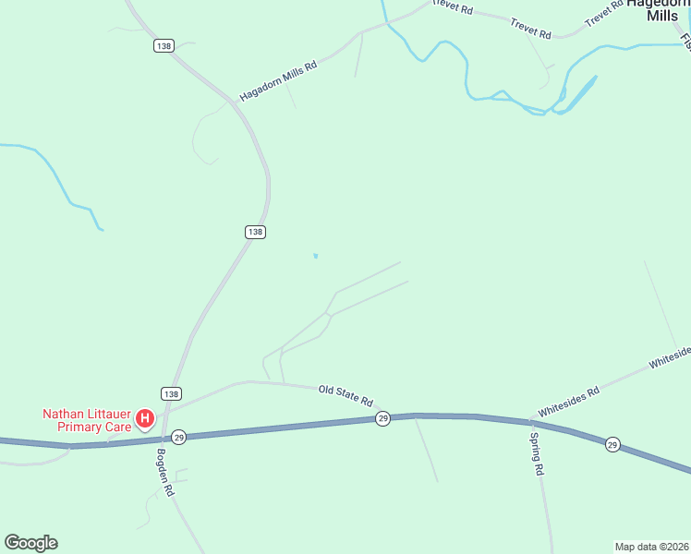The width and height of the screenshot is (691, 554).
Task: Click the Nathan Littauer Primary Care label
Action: [x=87, y=420]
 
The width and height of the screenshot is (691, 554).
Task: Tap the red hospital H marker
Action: [x=145, y=419]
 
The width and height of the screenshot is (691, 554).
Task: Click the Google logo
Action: [x=30, y=543]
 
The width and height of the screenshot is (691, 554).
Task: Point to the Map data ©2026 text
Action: [x=651, y=546]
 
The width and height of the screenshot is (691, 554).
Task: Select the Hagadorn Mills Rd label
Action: [x=278, y=81]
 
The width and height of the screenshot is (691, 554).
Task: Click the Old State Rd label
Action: [x=345, y=396]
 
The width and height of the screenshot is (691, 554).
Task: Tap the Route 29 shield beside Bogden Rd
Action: [x=179, y=437]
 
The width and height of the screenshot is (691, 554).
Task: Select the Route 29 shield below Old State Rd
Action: [x=382, y=419]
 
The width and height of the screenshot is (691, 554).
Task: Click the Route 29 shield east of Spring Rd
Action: [x=612, y=445]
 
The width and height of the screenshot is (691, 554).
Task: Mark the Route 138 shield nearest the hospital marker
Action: [x=171, y=393]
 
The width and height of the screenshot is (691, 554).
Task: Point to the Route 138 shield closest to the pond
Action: [x=256, y=232]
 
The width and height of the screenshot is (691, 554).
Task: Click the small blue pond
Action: [x=316, y=256]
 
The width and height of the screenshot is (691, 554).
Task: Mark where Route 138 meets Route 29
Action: [x=164, y=438]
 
